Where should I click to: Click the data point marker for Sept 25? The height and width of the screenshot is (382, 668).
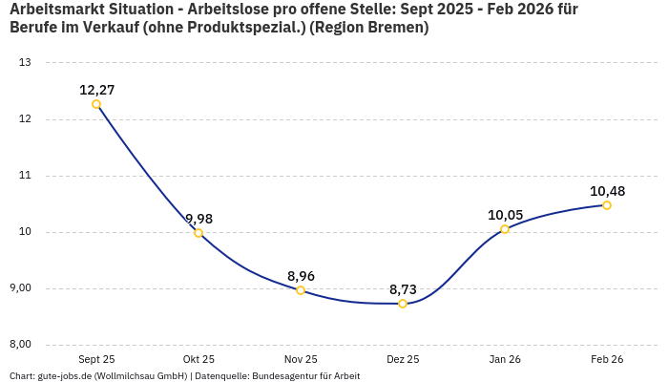pyautogui.click(x=96, y=104)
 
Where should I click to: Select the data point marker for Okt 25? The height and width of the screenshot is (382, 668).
pyautogui.click(x=198, y=233)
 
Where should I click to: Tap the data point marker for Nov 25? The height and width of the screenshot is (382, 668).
pyautogui.click(x=301, y=290)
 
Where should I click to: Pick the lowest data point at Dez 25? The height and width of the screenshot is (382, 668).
pyautogui.click(x=403, y=304)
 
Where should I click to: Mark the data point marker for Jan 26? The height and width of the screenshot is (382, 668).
pyautogui.click(x=505, y=229)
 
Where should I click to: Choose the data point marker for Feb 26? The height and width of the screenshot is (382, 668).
pyautogui.click(x=607, y=205)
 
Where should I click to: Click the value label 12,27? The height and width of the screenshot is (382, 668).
pyautogui.click(x=96, y=90)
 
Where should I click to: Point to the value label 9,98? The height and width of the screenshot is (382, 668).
pyautogui.click(x=198, y=219)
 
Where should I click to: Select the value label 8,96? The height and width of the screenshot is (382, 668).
pyautogui.click(x=301, y=276)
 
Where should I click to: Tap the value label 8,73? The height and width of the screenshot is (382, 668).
pyautogui.click(x=403, y=289)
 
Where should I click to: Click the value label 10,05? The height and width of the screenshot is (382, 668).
pyautogui.click(x=505, y=215)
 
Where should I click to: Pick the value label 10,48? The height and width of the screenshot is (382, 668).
pyautogui.click(x=607, y=191)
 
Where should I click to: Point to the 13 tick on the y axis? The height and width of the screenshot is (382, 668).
pyautogui.click(x=25, y=63)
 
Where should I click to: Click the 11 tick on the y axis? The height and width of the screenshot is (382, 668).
pyautogui.click(x=25, y=176)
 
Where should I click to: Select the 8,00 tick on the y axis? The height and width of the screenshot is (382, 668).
pyautogui.click(x=20, y=345)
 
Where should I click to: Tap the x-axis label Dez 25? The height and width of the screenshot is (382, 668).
pyautogui.click(x=403, y=359)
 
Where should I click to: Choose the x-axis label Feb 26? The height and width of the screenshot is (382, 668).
pyautogui.click(x=607, y=359)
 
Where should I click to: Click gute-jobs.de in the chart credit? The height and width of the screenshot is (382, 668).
pyautogui.click(x=64, y=375)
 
